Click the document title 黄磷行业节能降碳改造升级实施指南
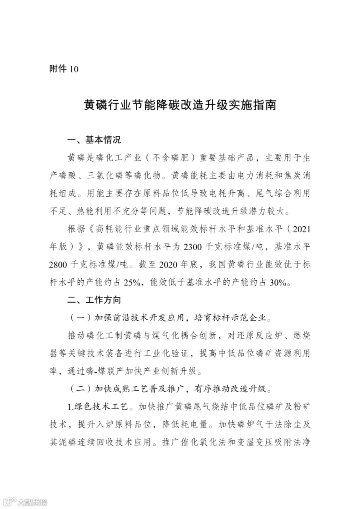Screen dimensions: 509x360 [180, 106]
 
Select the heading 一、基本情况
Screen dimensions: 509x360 [93, 140]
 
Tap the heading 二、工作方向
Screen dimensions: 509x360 [93, 299]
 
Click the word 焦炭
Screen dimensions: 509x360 [289, 176]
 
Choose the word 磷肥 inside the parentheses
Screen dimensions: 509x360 [176, 158]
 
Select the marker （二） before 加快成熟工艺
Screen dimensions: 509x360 [80, 388]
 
